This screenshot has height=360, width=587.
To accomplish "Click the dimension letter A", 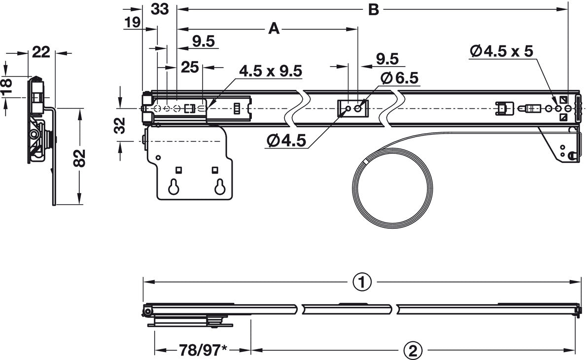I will (274, 29).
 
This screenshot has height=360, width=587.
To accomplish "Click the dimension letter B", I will (374, 9).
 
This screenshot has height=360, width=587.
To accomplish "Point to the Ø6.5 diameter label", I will (399, 78).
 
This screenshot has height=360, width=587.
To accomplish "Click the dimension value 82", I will (82, 157).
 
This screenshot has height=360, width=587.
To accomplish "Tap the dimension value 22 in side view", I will (41, 52).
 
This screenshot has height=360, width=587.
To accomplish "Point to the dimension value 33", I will (159, 9).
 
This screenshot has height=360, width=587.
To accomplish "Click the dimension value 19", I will (132, 23).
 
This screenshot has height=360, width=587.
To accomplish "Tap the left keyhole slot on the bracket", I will (174, 186).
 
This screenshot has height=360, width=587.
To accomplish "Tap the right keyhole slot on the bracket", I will (219, 186).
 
